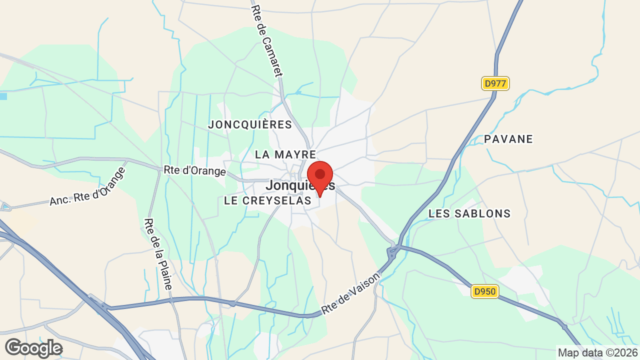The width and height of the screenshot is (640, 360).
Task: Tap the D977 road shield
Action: (495, 83)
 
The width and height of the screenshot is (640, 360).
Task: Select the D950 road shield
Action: (485, 291)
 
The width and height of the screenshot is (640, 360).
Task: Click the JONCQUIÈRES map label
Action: (250, 124)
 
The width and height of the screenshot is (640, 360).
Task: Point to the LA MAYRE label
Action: (285, 155)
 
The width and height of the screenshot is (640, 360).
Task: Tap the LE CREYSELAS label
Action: (267, 201)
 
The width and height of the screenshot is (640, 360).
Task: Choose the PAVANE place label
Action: (508, 139)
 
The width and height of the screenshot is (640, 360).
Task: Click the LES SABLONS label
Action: (469, 214)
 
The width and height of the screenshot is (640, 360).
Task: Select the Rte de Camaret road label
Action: (267, 41)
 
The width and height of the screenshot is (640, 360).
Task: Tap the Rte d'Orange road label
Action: (195, 170)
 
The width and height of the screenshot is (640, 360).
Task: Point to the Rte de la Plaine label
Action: (158, 254)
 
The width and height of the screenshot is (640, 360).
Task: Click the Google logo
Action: (33, 348)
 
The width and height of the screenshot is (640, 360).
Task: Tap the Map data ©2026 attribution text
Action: (597, 352)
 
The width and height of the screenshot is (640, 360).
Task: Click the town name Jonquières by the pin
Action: (292, 185)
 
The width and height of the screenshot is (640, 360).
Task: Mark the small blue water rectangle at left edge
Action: (3, 96)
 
